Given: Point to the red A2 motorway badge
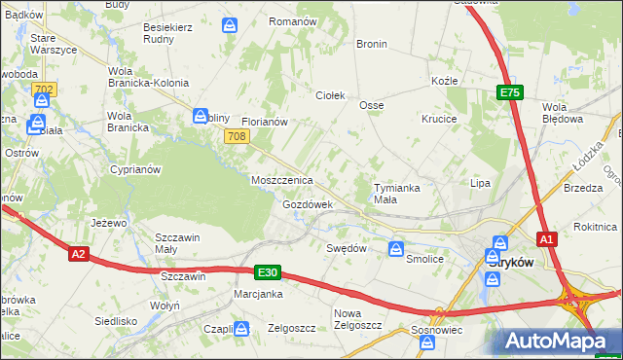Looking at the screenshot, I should tap(80, 255).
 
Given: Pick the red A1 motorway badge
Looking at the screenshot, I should tap(547, 239).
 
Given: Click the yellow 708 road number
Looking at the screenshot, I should tap(235, 137).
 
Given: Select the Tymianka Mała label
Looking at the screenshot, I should tap(399, 193).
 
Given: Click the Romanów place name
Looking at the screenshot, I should tap(293, 21).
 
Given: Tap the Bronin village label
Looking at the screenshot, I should tap(372, 44).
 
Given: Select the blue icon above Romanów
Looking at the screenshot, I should tap(230, 23).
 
